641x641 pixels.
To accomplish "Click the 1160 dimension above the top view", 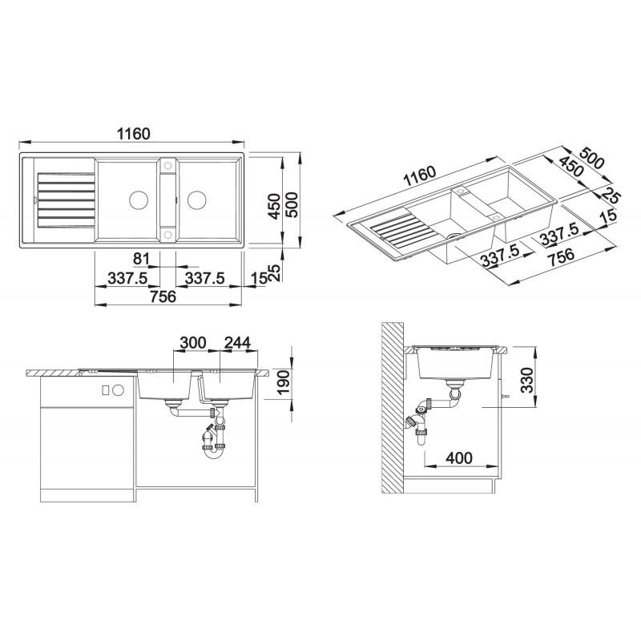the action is pyautogui.click(x=134, y=134).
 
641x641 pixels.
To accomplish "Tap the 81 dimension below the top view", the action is pyautogui.click(x=142, y=258).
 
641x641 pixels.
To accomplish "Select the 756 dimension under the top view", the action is pyautogui.click(x=163, y=296).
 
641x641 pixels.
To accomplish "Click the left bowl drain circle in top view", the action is pyautogui.click(x=138, y=200).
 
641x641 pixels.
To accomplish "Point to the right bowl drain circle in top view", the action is pyautogui.click(x=196, y=200).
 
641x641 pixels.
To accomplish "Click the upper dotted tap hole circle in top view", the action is pyautogui.click(x=167, y=166).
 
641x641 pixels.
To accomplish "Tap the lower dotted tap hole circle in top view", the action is pyautogui.click(x=167, y=234).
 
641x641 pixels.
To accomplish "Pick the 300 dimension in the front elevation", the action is pyautogui.click(x=193, y=343).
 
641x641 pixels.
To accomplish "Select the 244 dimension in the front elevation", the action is pyautogui.click(x=237, y=343).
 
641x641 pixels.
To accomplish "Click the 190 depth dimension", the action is pyautogui.click(x=284, y=382).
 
